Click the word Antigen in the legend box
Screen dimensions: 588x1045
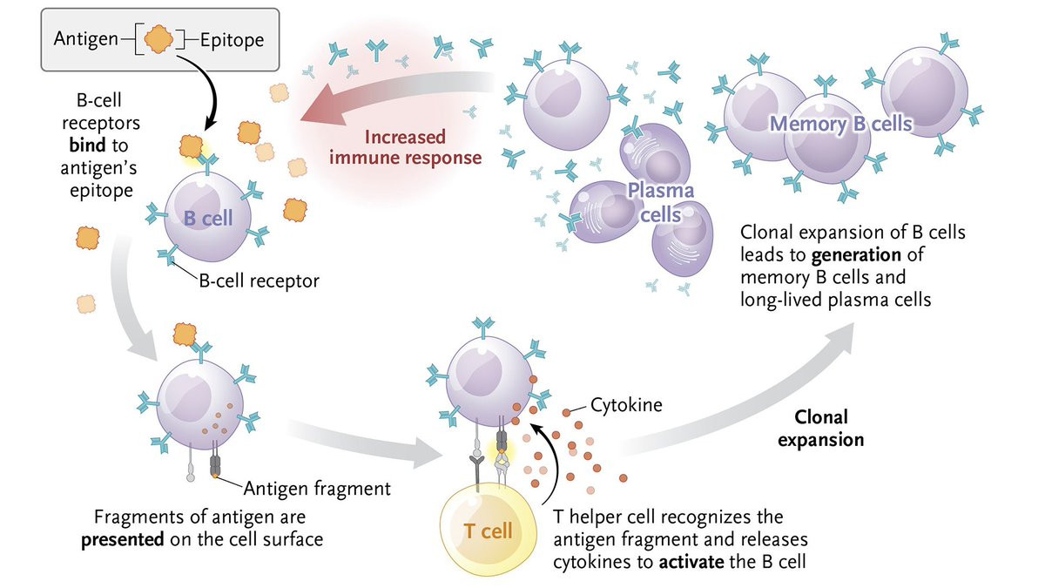tap(81, 39)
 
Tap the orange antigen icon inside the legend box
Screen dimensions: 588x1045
tap(157, 38)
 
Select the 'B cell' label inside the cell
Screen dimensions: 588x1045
tap(208, 218)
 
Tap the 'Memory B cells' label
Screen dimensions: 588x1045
tap(840, 124)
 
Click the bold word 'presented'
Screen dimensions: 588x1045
tap(122, 539)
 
